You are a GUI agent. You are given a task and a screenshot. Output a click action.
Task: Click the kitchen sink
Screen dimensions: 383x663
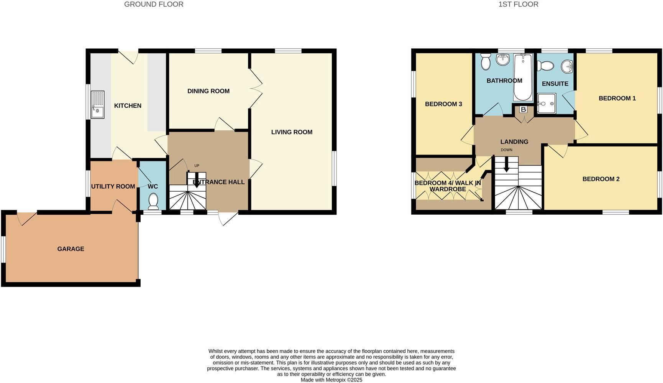point(97,105)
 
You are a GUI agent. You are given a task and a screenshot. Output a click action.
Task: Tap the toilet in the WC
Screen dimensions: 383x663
point(153,201)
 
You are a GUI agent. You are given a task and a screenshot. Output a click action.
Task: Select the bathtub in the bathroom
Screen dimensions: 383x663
point(523,77)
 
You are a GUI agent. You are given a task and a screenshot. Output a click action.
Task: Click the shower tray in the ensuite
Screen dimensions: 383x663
point(546,104)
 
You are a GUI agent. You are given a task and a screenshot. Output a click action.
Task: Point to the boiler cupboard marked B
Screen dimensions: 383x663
point(523,109)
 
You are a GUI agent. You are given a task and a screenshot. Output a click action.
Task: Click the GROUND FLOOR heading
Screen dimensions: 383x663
point(154,4)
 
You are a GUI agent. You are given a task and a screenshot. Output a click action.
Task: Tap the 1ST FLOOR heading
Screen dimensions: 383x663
point(518,4)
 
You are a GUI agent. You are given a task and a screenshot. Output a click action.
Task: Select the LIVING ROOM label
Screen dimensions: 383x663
point(292,132)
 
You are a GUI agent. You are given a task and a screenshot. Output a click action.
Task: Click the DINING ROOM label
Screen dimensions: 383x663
point(208,91)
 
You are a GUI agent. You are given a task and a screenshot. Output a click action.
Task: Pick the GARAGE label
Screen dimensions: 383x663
point(71,249)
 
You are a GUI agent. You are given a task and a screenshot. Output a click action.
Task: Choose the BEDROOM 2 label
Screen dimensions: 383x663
point(601,179)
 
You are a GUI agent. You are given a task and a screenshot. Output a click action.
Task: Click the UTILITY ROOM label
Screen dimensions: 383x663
point(113,186)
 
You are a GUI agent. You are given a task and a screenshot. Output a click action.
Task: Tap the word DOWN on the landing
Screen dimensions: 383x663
point(506,150)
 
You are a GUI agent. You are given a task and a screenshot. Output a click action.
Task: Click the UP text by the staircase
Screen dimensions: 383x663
point(197,166)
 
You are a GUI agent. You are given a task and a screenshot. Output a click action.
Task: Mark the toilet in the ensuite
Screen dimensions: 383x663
point(545,66)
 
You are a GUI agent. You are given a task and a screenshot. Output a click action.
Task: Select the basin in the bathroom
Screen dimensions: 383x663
point(502,59)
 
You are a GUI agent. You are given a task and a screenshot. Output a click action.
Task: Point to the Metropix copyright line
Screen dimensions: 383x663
point(331,380)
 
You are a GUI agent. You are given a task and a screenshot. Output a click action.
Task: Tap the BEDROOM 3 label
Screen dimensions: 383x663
point(443,104)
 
